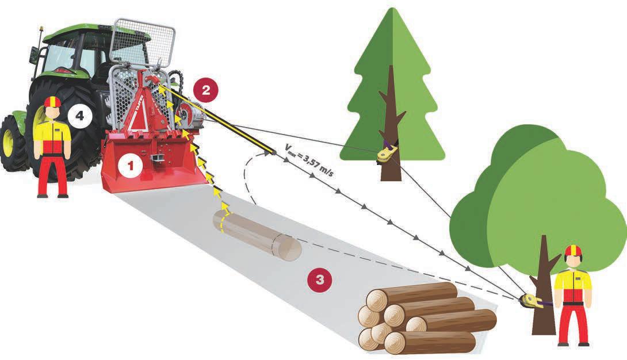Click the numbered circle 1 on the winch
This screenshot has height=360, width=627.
coord(131,166)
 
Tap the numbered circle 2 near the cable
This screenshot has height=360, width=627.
coord(205,90)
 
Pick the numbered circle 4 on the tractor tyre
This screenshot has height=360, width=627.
coord(80,116)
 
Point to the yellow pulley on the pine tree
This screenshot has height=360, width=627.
coord(385,154)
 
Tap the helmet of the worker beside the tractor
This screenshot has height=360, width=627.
coord(52,102)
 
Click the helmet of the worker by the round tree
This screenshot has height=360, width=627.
coord(573,251)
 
